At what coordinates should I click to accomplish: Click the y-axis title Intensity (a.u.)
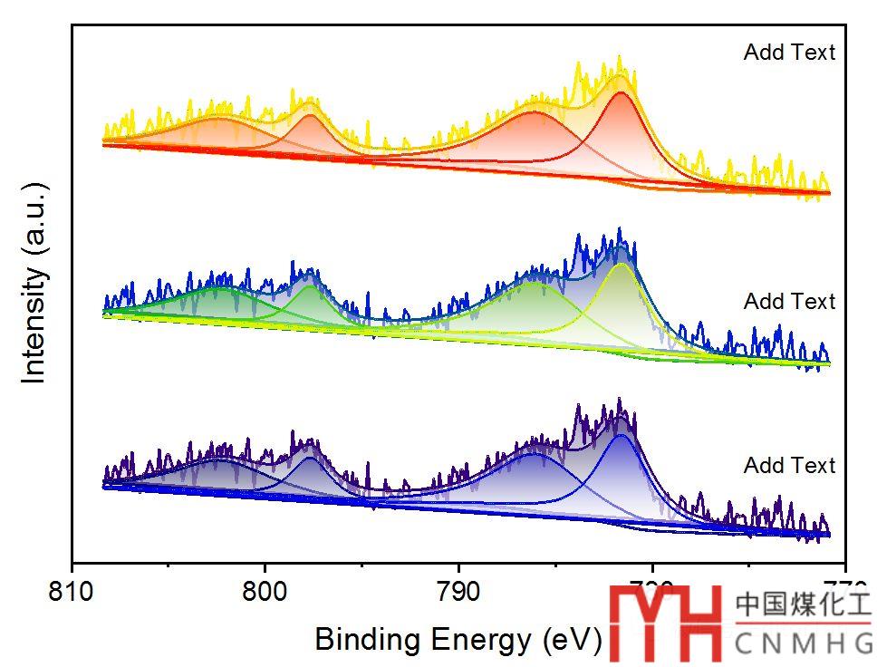click(x=34, y=283)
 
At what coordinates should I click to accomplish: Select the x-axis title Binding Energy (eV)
click(x=458, y=640)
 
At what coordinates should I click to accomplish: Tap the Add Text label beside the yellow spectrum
click(x=789, y=53)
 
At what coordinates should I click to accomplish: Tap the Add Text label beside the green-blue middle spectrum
click(x=789, y=301)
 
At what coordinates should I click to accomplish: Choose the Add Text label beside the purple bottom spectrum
click(x=789, y=466)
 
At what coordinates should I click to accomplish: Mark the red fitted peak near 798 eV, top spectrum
click(x=310, y=118)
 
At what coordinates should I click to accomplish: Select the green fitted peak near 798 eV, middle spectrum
click(x=310, y=288)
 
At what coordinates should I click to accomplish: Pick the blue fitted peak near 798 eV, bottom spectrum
click(x=310, y=460)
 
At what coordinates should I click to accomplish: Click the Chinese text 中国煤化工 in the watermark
click(x=803, y=605)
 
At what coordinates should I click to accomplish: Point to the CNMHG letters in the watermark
click(x=803, y=643)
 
